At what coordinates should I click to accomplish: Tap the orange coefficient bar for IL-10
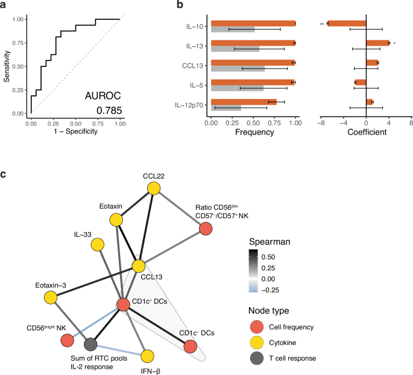tap(347, 24)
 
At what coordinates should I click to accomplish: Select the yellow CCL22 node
tap(154, 189)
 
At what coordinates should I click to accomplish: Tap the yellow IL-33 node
tap(96, 244)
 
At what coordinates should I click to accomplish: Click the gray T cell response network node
tap(90, 344)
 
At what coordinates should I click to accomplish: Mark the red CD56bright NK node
tap(67, 341)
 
